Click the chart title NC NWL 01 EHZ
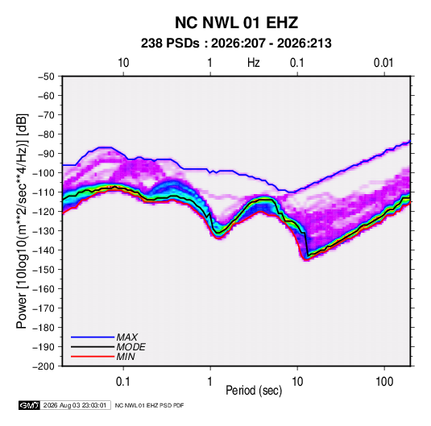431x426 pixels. click(236, 23)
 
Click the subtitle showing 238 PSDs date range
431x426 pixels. click(236, 43)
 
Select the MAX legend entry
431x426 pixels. click(105, 337)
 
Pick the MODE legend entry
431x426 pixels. click(108, 347)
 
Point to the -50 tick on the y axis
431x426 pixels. click(46, 77)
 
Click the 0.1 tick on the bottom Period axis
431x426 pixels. click(123, 382)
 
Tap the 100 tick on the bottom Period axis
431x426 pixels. click(384, 382)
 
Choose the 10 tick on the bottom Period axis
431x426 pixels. click(297, 382)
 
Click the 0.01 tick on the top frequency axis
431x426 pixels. click(383, 63)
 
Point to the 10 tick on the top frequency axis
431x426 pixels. click(123, 63)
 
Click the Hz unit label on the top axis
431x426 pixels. click(254, 63)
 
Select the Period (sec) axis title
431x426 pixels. click(254, 391)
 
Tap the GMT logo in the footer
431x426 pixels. click(30, 405)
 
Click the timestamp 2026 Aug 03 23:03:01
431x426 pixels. click(75, 405)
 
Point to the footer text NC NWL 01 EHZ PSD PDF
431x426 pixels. click(149, 405)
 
